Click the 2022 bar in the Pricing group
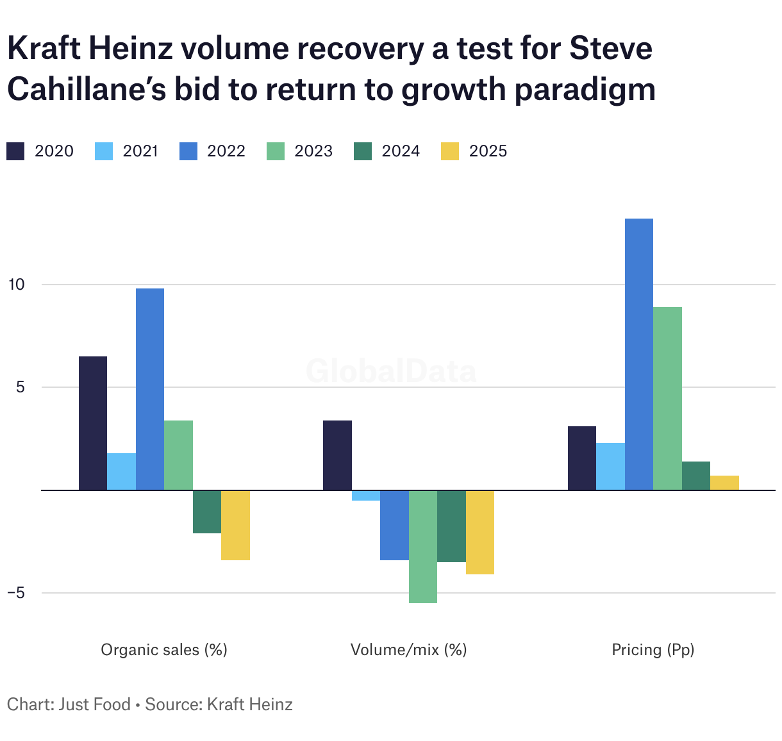(x=639, y=354)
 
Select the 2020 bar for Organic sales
(x=93, y=423)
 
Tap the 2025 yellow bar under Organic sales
(x=235, y=525)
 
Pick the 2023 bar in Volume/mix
(x=423, y=546)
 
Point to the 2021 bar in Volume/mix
(x=366, y=495)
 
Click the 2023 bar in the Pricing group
(x=667, y=399)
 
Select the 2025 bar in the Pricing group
(x=724, y=483)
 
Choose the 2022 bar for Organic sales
(x=150, y=389)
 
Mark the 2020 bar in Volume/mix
(x=337, y=455)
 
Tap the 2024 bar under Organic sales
(x=207, y=512)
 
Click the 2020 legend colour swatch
(x=15, y=151)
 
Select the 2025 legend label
(x=488, y=151)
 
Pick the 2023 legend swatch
(x=275, y=151)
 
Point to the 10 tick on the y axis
(x=15, y=284)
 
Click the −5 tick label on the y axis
(x=15, y=593)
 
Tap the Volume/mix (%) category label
(x=408, y=650)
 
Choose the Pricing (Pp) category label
(x=653, y=650)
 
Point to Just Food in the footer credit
(x=94, y=704)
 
